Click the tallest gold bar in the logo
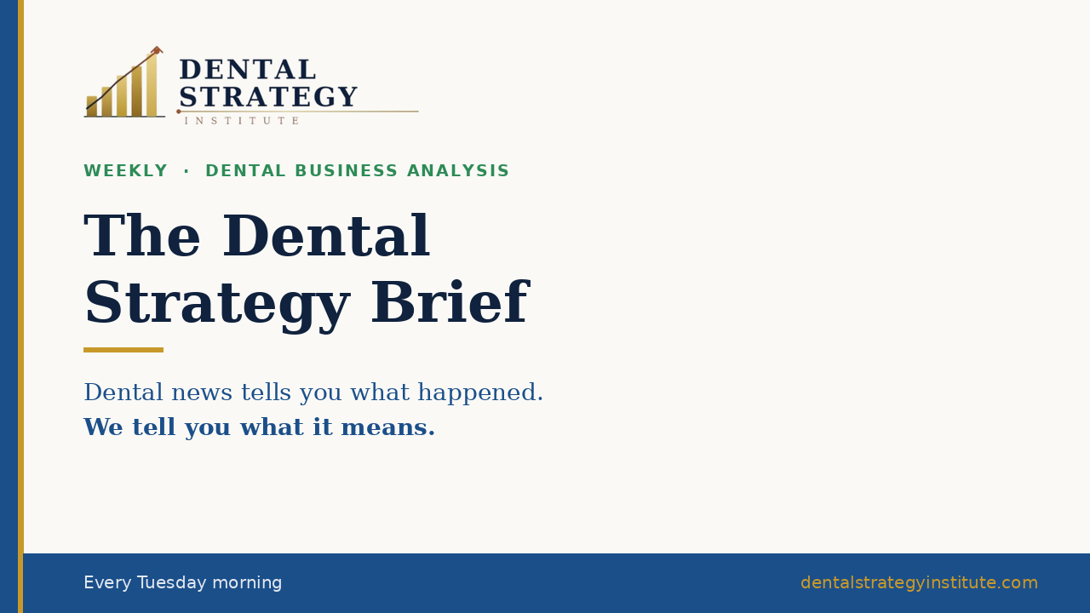click(152, 84)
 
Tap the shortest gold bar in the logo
click(91, 106)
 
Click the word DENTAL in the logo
click(248, 69)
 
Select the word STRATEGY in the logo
click(268, 96)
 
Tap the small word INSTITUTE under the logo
click(241, 121)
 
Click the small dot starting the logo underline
click(179, 112)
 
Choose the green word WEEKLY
click(125, 171)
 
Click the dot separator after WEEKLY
click(186, 171)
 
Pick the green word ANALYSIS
click(458, 171)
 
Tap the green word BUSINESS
click(347, 171)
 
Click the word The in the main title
click(141, 236)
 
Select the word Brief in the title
click(450, 302)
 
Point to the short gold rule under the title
click(123, 350)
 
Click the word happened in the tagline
click(480, 392)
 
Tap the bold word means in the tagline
click(387, 427)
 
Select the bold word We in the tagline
click(103, 427)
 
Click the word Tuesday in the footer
click(172, 583)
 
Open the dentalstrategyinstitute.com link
click(919, 582)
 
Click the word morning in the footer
click(247, 583)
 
